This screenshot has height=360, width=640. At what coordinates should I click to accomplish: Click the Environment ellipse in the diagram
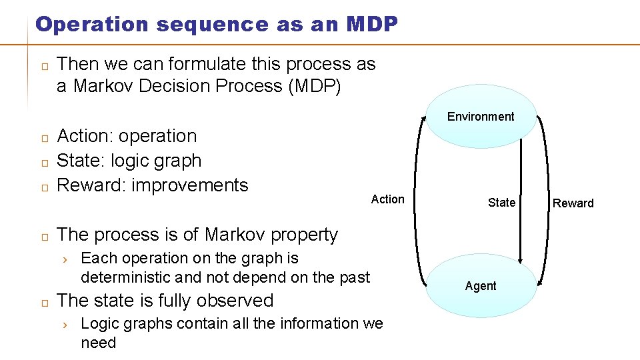click(x=481, y=117)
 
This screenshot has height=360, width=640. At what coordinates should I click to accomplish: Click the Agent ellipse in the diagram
click(x=481, y=286)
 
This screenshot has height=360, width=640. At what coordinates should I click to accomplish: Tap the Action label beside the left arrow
click(x=387, y=199)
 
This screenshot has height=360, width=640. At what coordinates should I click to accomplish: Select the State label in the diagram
click(x=501, y=203)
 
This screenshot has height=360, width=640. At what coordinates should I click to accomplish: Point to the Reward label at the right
click(x=573, y=203)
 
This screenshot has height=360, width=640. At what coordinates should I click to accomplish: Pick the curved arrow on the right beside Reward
click(x=543, y=200)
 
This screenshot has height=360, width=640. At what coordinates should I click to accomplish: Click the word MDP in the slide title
click(x=372, y=25)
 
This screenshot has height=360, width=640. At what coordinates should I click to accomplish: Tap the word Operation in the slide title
click(x=91, y=25)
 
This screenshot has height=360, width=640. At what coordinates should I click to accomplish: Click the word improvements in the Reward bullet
click(x=189, y=185)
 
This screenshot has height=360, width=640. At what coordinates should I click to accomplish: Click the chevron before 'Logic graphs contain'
click(x=65, y=325)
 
